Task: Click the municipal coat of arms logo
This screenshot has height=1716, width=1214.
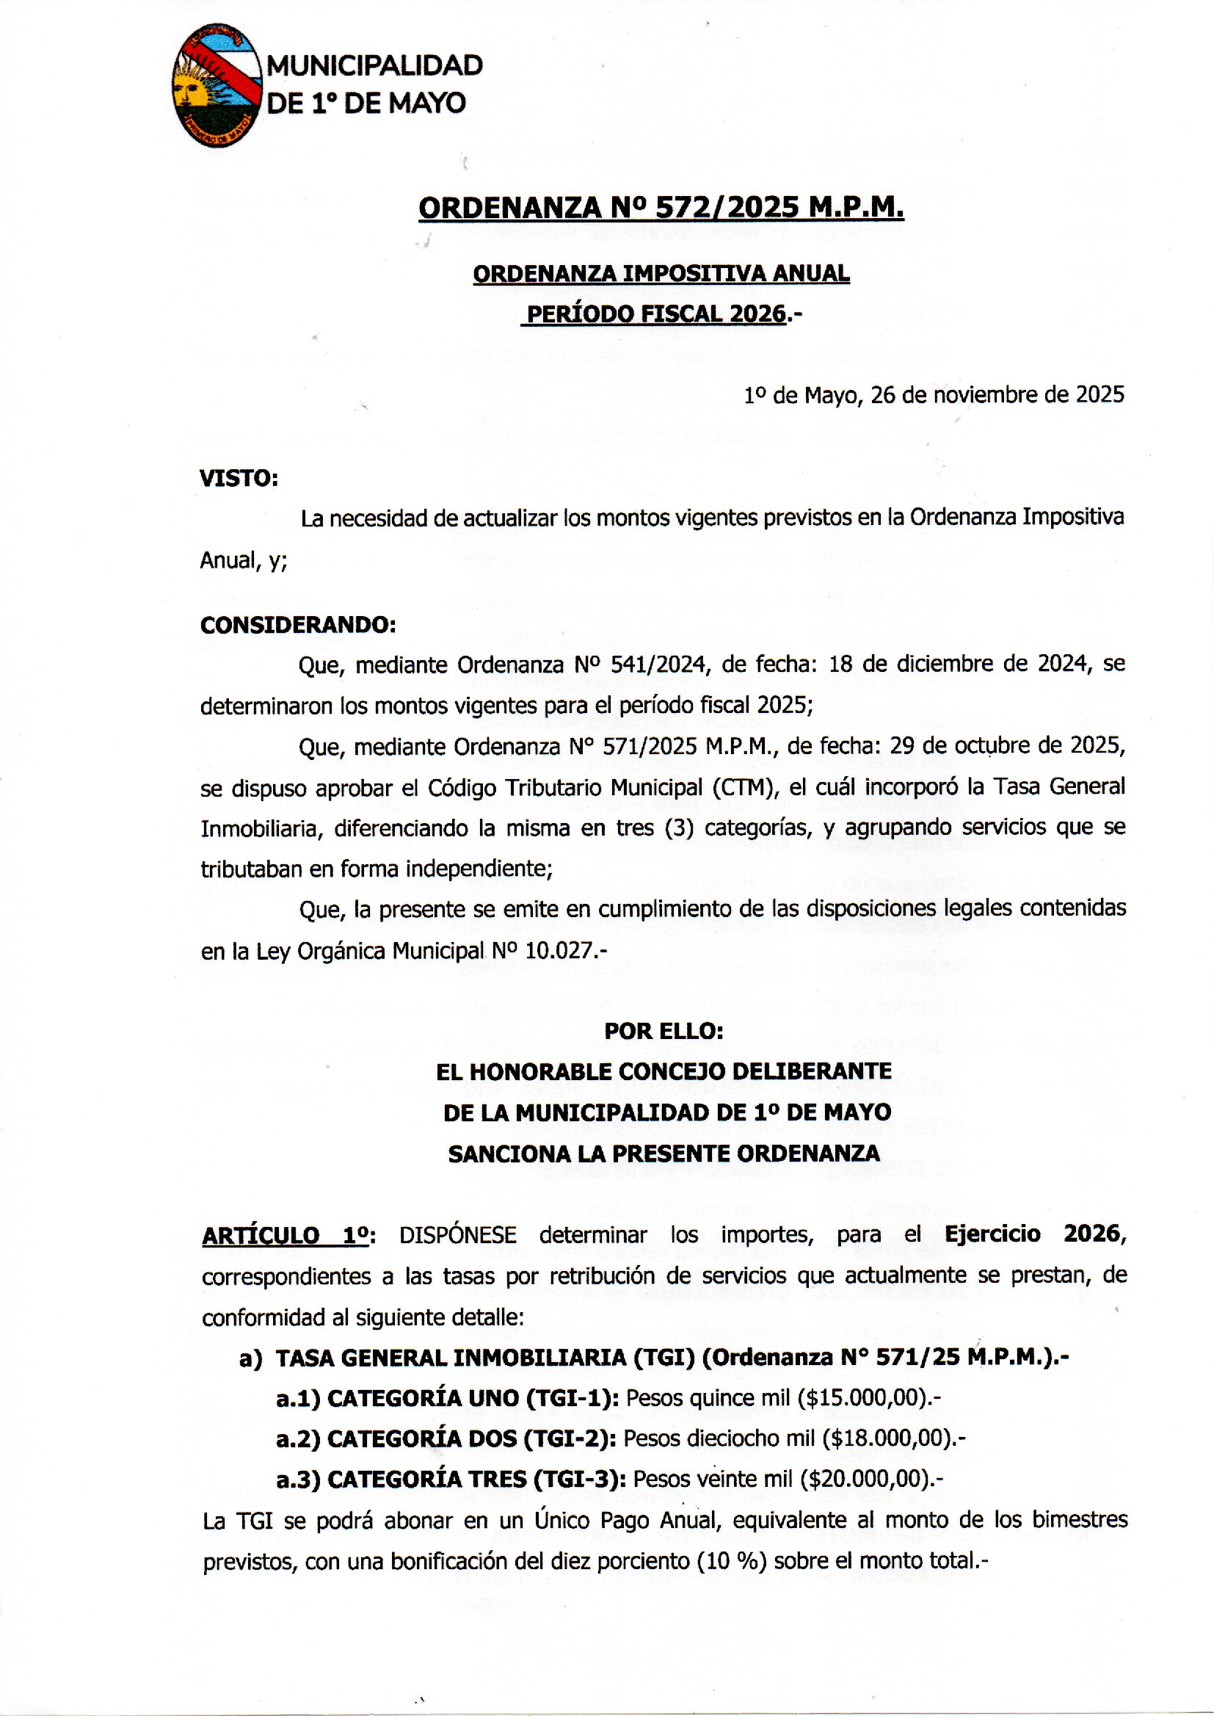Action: pos(217,85)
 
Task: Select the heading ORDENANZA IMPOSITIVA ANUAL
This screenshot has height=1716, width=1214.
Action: pos(661,274)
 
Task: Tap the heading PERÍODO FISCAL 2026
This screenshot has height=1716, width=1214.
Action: pos(656,314)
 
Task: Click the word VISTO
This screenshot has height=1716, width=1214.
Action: pos(239,479)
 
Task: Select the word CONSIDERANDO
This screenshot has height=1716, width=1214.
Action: pos(297,625)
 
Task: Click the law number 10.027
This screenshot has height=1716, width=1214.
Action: pos(559,951)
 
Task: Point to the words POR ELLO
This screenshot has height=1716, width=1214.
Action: pos(663,1032)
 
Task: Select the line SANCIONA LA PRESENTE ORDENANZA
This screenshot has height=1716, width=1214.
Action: pos(663,1154)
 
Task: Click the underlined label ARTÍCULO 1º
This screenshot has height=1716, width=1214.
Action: pos(286,1235)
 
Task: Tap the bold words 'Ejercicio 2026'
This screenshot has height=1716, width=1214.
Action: pos(1034,1234)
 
